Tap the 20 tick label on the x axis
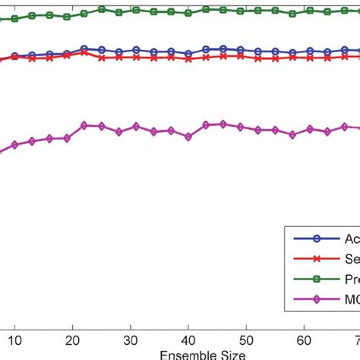tap(71, 338)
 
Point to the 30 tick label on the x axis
tap(130, 338)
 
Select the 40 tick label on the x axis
tap(188, 338)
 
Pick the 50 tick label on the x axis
tap(246, 338)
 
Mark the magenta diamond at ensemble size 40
tap(188, 137)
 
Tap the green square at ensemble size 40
tap(188, 13)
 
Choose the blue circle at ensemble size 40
tap(188, 54)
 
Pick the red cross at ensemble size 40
tap(188, 58)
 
